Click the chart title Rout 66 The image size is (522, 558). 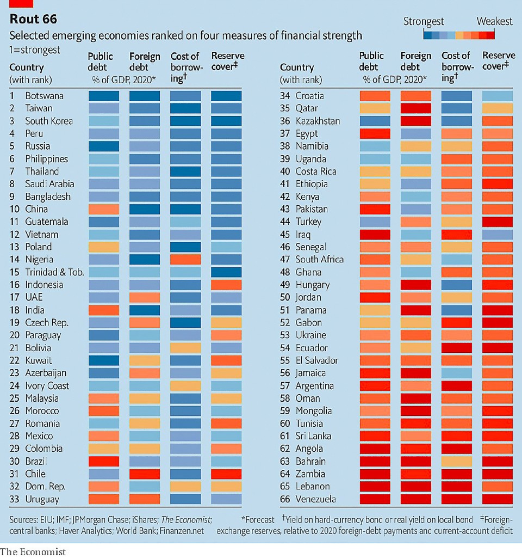[x=33, y=20]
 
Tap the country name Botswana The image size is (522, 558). [x=44, y=96]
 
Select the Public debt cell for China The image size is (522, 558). [x=103, y=209]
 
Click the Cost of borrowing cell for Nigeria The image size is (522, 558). [x=185, y=260]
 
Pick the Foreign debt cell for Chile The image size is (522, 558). [x=145, y=474]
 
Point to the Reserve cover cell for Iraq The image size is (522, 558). [x=498, y=235]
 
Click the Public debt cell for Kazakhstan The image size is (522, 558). [x=375, y=121]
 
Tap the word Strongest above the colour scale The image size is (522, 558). [x=424, y=22]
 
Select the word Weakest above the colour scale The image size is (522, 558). [x=494, y=22]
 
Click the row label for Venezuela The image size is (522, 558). [x=316, y=499]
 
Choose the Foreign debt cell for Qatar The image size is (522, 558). [x=415, y=108]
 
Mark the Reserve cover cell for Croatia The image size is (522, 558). [x=498, y=96]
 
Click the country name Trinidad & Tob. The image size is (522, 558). [x=54, y=272]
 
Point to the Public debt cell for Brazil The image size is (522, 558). [x=103, y=461]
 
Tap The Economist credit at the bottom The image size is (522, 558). [x=33, y=551]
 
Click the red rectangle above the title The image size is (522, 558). [x=21, y=3]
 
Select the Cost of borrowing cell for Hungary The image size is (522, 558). [x=457, y=285]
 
